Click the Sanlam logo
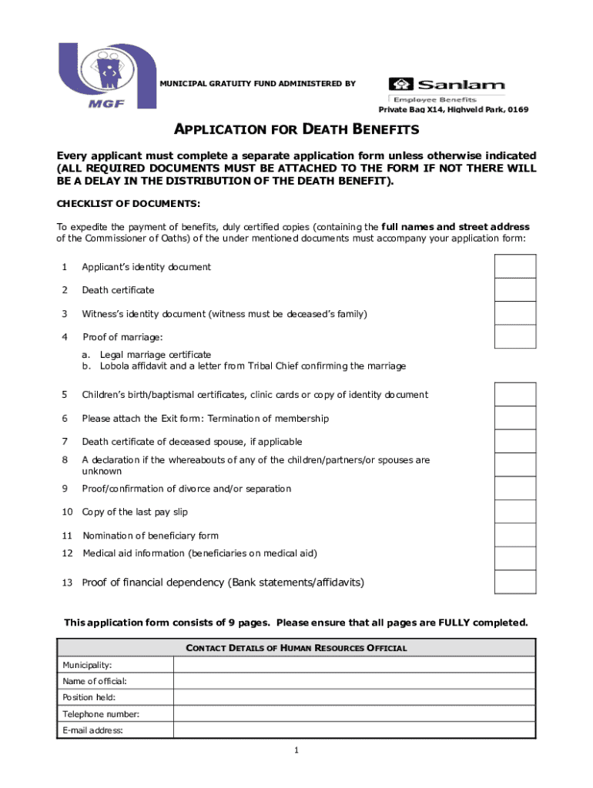447,88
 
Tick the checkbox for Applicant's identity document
514,266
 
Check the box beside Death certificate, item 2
514,290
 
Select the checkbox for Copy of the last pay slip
514,512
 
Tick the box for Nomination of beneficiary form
514,535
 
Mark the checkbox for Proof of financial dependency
514,582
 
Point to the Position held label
89,697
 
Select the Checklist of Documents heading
129,204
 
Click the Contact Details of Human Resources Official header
296,648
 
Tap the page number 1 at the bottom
296,751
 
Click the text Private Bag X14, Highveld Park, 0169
453,110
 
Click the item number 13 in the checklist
67,583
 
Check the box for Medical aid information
514,558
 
